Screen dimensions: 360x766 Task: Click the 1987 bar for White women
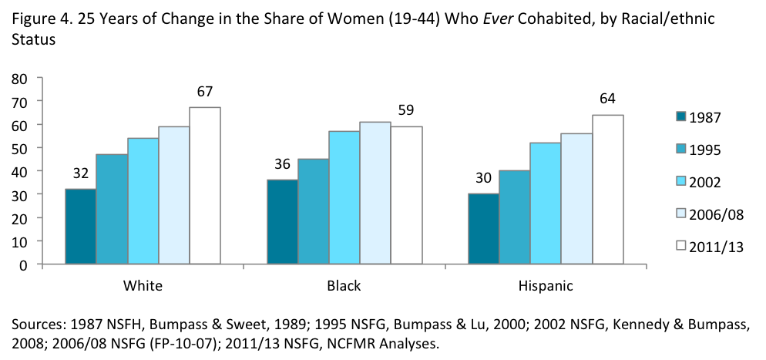click(x=80, y=226)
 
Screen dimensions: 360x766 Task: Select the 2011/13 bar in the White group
click(x=205, y=185)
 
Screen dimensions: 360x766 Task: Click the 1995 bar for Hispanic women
click(x=515, y=217)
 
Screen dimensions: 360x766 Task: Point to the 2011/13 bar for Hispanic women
click(x=608, y=189)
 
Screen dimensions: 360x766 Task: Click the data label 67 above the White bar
click(x=204, y=92)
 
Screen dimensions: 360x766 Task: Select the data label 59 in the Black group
click(x=406, y=110)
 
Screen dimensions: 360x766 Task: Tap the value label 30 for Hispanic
click(x=484, y=178)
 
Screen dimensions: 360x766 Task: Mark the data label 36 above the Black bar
click(x=282, y=164)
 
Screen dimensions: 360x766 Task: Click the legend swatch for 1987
click(x=680, y=117)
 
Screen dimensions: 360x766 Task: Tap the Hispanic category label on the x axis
click(x=546, y=285)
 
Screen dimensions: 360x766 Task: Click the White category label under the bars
click(x=143, y=285)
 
